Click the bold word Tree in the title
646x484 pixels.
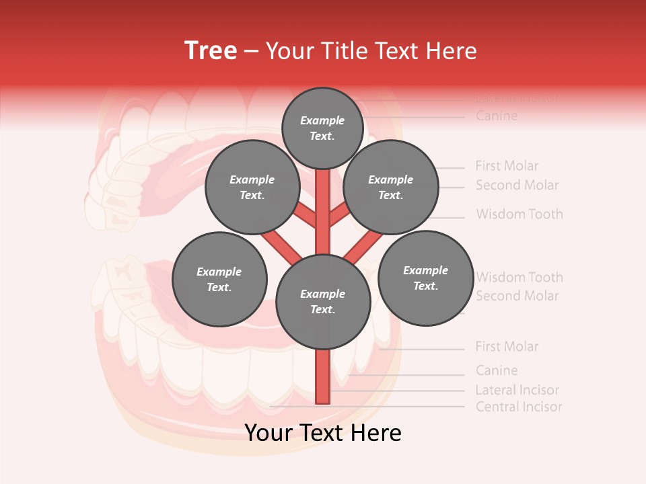[211, 51]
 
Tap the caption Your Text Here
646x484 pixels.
[323, 433]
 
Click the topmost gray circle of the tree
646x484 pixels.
[323, 128]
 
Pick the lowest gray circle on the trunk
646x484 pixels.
[323, 301]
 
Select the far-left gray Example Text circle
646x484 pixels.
[219, 279]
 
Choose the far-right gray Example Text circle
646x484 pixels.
[425, 278]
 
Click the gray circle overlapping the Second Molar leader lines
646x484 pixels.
[391, 187]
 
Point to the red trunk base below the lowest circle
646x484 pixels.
[323, 376]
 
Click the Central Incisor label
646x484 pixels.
[518, 407]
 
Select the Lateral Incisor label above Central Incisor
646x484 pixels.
[517, 390]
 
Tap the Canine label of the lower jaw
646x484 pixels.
[497, 370]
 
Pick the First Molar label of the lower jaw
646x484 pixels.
[507, 347]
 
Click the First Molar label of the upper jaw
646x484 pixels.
[507, 165]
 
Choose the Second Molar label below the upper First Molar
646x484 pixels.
[517, 185]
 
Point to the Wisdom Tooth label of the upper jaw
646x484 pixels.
[519, 214]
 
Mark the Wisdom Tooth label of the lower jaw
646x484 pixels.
[519, 277]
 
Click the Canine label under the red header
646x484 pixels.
[497, 116]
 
